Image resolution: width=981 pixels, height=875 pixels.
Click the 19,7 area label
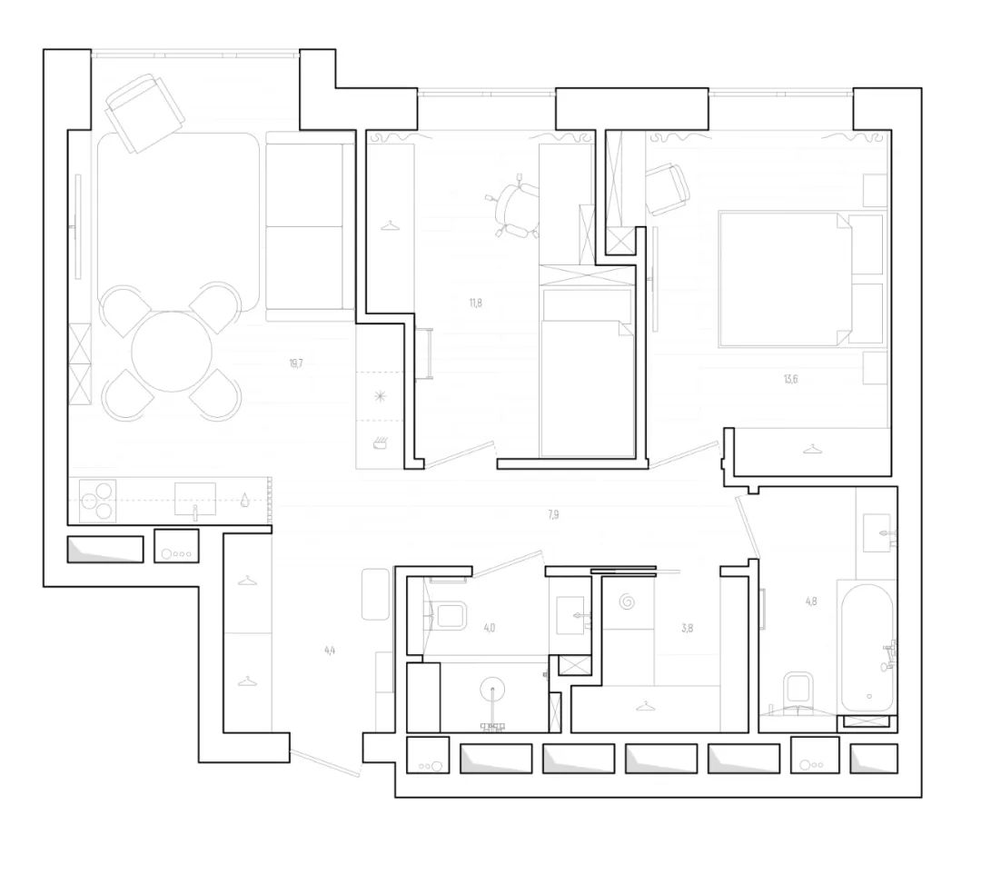295,363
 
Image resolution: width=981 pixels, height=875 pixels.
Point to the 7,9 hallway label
553,514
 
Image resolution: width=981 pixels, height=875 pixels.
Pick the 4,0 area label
490,627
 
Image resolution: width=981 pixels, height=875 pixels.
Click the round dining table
172,353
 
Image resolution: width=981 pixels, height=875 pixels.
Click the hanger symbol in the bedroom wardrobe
811,446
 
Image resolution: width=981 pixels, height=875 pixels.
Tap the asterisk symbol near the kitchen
380,397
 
